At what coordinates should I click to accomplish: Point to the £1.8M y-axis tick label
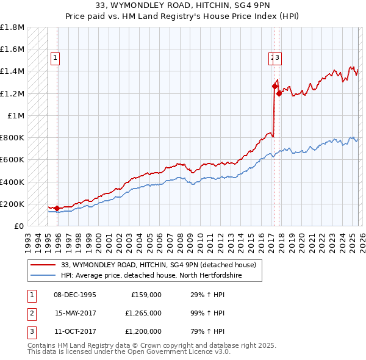point(12,27)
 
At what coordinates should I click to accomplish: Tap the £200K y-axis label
point(12,204)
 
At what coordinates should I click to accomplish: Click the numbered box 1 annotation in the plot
point(55,58)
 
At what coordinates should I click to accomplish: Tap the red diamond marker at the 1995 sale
point(57,209)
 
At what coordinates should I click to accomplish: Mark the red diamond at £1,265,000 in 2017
point(274,87)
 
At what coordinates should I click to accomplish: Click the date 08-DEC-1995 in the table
point(75,294)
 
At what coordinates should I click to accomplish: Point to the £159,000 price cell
point(146,294)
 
